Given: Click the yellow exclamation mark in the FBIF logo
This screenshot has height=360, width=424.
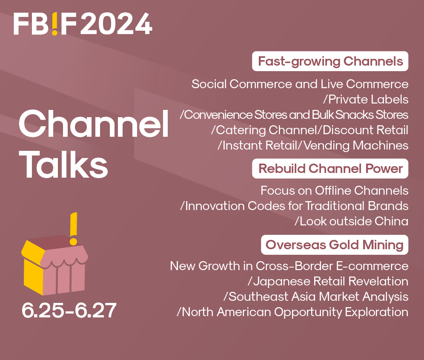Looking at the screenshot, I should [x=55, y=24].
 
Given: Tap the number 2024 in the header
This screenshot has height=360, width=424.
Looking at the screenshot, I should [x=116, y=24].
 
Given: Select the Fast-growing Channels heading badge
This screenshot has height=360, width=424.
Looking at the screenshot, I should [x=330, y=61].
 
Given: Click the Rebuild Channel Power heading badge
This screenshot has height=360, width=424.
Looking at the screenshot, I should [x=330, y=169].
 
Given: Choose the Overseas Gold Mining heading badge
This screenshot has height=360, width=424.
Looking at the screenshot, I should [x=335, y=245].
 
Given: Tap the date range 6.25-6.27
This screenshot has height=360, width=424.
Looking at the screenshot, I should [x=69, y=311].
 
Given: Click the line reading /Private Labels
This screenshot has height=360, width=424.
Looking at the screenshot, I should [x=366, y=99].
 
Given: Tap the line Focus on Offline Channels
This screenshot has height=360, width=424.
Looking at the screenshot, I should [x=334, y=190].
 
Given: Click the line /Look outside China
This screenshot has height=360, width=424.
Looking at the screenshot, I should [x=352, y=221].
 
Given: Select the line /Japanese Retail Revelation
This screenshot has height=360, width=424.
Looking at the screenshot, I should [x=327, y=281].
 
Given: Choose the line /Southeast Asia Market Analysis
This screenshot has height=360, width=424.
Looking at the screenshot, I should [x=315, y=296].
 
